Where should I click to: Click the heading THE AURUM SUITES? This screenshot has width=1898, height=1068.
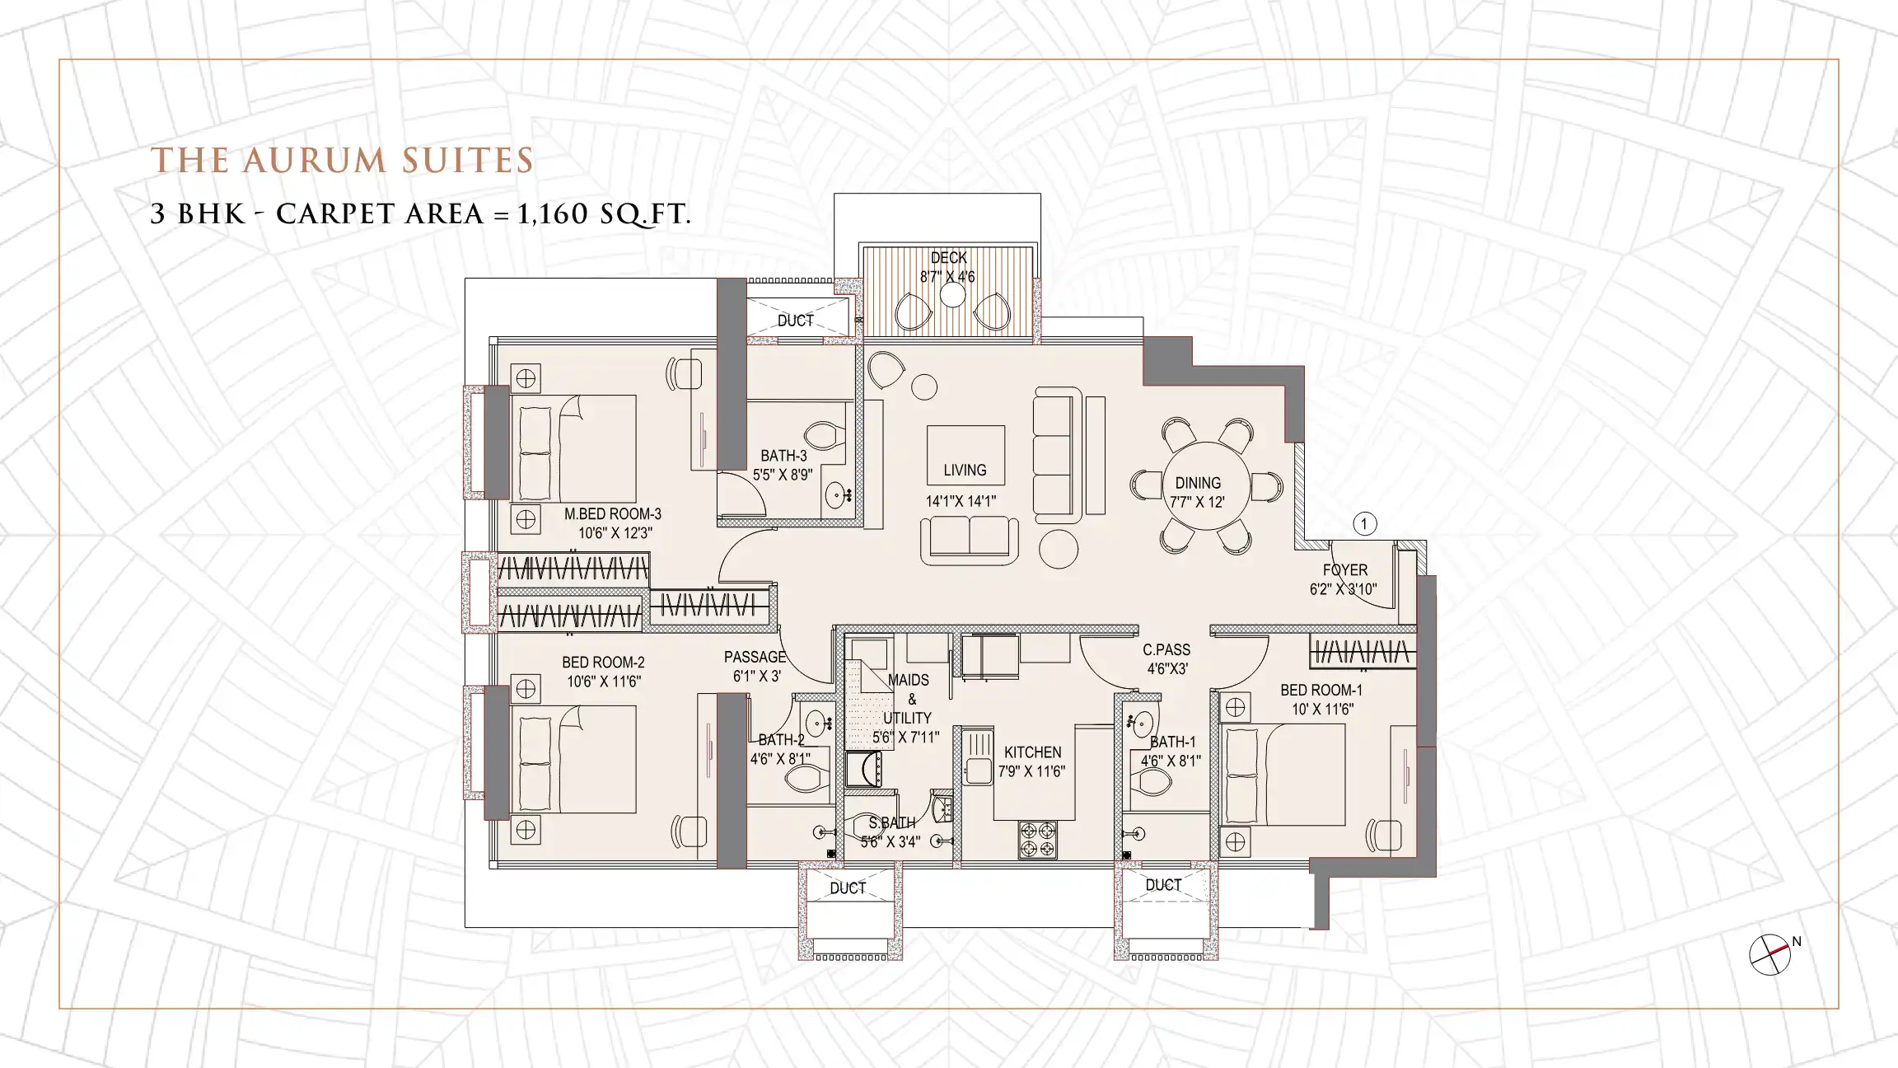(x=342, y=162)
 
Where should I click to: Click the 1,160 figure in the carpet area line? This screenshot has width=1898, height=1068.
(x=552, y=215)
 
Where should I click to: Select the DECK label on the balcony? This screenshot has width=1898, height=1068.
(x=948, y=258)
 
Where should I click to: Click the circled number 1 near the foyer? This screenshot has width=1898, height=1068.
(x=1364, y=524)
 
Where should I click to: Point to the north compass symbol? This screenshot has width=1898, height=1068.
(x=1770, y=956)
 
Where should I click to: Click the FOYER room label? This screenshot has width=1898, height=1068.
(x=1344, y=570)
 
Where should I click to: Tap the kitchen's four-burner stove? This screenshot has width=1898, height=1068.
(x=1037, y=839)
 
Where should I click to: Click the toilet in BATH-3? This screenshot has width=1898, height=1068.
(x=825, y=435)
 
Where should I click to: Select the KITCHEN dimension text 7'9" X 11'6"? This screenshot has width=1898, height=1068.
(x=1031, y=772)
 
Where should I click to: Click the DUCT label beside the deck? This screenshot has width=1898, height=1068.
(x=795, y=321)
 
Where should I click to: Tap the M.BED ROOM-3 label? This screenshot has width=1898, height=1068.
(x=612, y=514)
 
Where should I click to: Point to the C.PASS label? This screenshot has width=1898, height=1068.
(x=1166, y=650)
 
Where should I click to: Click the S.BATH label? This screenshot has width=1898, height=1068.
(x=891, y=823)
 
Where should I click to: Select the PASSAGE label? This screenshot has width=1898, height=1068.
(x=755, y=658)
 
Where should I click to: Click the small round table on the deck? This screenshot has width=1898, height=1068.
(x=952, y=295)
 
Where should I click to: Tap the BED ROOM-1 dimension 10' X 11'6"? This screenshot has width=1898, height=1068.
(x=1322, y=710)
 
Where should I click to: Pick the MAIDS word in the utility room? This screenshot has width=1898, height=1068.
(x=909, y=681)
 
